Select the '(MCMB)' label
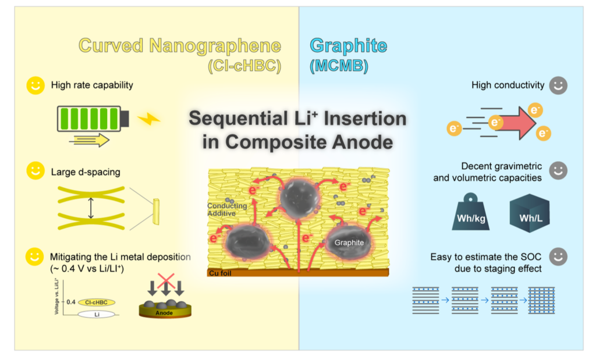pyautogui.click(x=339, y=66)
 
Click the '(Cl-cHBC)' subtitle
pyautogui.click(x=244, y=66)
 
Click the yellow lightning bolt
pyautogui.click(x=148, y=119)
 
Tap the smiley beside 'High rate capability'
pyautogui.click(x=36, y=85)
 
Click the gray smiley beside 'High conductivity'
pyautogui.click(x=559, y=85)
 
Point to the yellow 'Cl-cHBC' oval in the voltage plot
pyautogui.click(x=96, y=302)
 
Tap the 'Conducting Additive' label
pyautogui.click(x=227, y=210)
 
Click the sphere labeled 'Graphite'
pyautogui.click(x=350, y=243)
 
